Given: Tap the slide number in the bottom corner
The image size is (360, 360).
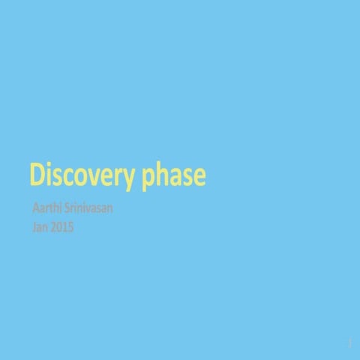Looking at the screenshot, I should pos(349,343).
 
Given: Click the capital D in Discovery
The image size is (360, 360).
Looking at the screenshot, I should pos(36,174).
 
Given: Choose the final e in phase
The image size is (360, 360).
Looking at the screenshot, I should pos(199,176).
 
